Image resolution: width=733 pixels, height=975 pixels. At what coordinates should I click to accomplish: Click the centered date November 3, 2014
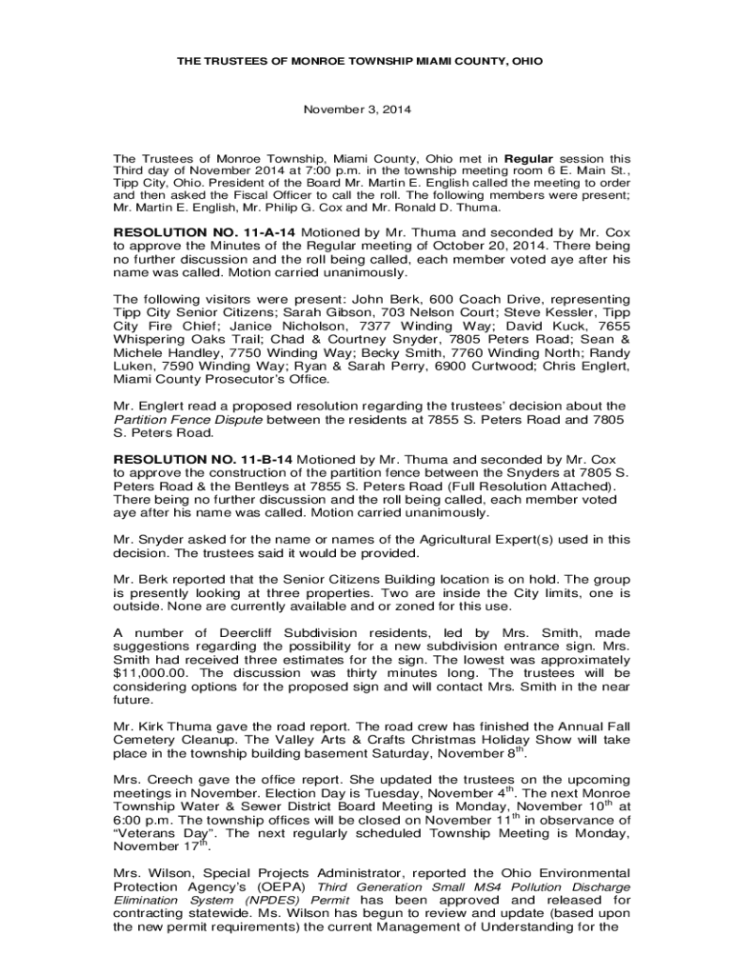point(357,109)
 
